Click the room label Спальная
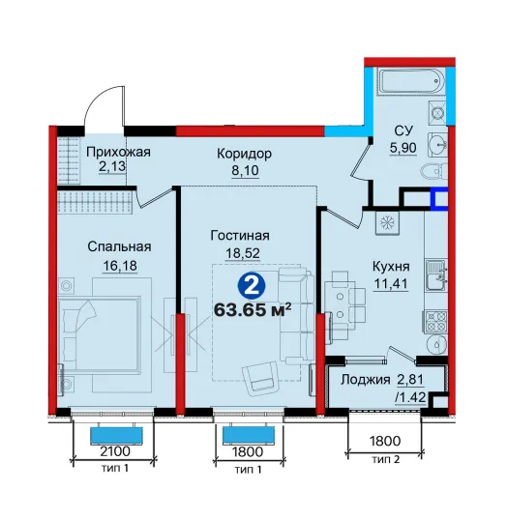tap(119, 246)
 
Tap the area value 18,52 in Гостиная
tap(243, 253)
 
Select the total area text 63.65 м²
tap(253, 310)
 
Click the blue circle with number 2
tap(253, 286)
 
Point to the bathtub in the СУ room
tap(410, 81)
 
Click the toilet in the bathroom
tap(434, 171)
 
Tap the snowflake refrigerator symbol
tap(387, 222)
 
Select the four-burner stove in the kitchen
tap(434, 322)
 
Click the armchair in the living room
tap(260, 378)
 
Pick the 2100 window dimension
tap(115, 451)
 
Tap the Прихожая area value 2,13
tap(112, 166)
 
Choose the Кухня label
tap(391, 267)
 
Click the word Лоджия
tap(365, 380)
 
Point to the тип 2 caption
tap(386, 459)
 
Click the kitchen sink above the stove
tap(435, 274)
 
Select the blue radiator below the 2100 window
tap(116, 435)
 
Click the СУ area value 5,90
tap(403, 148)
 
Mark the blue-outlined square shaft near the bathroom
tap(439, 198)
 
